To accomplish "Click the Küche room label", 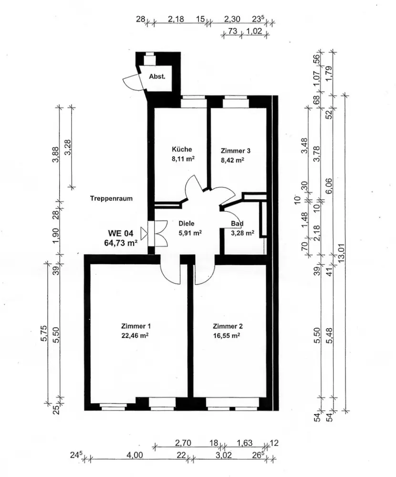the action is pos(182,149).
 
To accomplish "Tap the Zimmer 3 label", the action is pos(235,151).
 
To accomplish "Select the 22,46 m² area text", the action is pos(135,335).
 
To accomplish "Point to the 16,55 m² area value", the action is pos(227,335).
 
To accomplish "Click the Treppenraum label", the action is pos(111,198).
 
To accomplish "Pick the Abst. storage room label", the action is pos(157,77).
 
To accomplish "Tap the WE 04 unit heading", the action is pos(121,233).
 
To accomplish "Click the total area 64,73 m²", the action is pos(121,243).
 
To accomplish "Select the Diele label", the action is pos(186,224).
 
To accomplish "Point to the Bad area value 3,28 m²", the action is pos(242,233).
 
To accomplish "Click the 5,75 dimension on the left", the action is pos(44,333).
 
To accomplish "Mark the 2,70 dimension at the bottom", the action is pos(183,443).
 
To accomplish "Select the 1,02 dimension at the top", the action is pos(254,31).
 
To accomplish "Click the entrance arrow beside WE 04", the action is pos(144,233).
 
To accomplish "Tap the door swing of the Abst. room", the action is pos(131,82).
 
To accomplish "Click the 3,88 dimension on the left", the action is pos(56,155).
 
